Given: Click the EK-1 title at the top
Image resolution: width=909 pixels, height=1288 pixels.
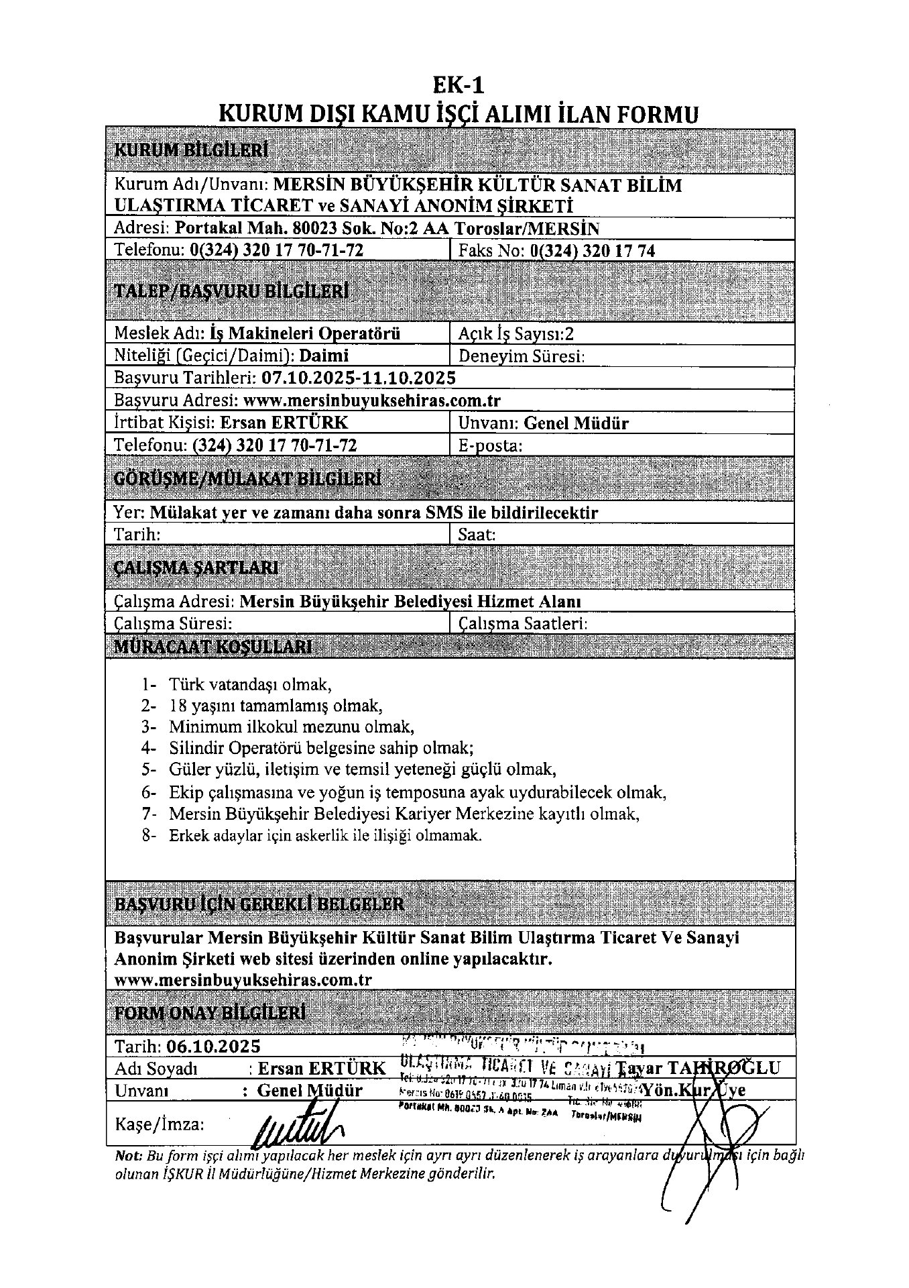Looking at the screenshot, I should coord(458,85).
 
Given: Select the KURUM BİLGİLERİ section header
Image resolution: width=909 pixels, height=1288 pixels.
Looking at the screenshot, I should coord(192,150).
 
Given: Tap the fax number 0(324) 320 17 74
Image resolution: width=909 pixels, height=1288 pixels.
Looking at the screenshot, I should coord(592,251).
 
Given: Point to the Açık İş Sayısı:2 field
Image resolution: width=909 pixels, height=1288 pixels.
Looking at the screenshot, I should coord(516,333).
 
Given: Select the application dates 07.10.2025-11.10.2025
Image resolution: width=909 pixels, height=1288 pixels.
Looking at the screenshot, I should coord(359,378).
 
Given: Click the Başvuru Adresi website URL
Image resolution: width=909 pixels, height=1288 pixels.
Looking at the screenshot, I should coord(372,400).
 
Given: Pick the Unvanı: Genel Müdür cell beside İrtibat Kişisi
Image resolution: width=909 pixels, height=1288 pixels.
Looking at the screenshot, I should coord(544,423).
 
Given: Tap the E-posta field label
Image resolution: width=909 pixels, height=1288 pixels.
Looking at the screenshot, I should coord(490,445).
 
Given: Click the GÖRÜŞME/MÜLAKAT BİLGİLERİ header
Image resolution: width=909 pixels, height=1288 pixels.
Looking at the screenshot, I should coord(248,479).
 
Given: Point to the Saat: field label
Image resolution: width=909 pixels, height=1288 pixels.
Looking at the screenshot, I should coord(477,535).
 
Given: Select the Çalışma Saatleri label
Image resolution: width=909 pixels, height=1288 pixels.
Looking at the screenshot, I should coord(523,624).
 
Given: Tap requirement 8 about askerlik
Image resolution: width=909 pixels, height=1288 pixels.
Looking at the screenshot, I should coord(325,837).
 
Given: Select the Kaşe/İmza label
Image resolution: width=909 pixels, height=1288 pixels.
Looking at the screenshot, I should coord(160,1124).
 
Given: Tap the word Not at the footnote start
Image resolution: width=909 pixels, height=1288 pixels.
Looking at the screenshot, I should coord(128,1155).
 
